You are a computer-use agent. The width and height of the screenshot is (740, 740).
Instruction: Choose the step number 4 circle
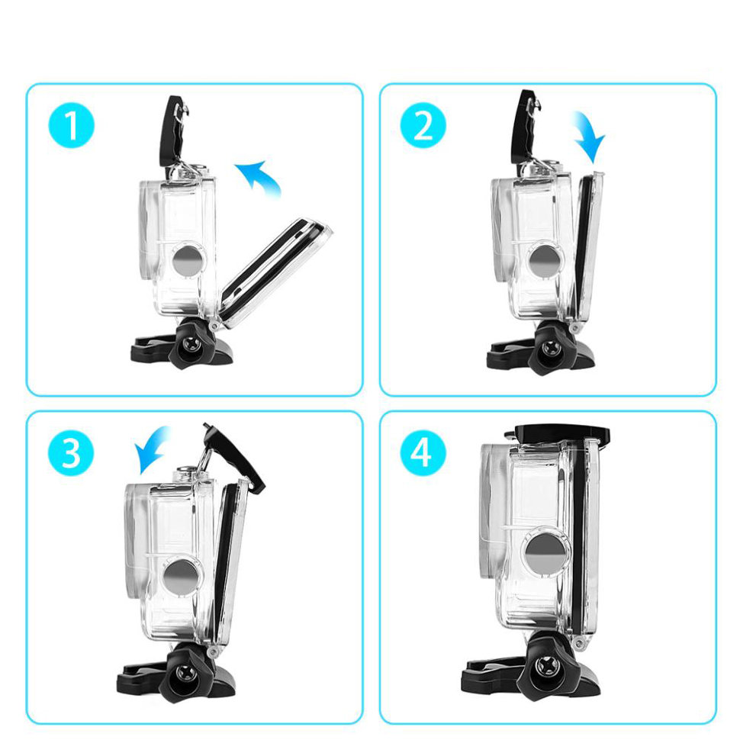(422, 453)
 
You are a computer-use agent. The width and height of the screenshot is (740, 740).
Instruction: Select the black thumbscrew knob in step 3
(184, 673)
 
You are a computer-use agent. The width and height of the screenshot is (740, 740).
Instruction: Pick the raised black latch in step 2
(526, 122)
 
